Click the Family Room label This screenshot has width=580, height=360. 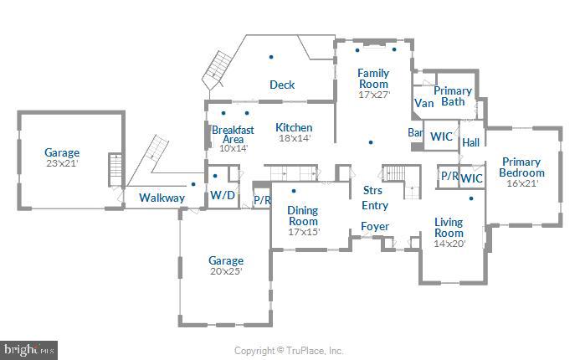pos(373,79)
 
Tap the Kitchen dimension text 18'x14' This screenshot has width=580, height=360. pos(294,139)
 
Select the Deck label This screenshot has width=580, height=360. pos(282,85)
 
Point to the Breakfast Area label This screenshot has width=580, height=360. pos(233,135)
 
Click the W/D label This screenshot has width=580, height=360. pos(222,196)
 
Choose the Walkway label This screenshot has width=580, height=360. pos(162,198)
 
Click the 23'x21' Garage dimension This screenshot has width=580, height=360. pos(62,163)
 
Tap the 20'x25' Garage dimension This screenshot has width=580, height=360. pos(226,271)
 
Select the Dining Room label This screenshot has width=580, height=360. pos(303,215)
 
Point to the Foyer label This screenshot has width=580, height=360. pos(374,227)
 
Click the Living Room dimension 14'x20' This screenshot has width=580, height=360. pos(449,244)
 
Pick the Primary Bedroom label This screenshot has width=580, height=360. pos(521,167)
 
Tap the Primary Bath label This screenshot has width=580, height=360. pos(453,96)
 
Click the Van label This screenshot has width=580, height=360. pos(423,105)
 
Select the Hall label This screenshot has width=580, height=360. pos(470,142)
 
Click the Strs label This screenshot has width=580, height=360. pos(372,191)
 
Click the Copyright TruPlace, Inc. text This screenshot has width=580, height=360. pos(289,351)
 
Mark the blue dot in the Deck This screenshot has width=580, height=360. pos(271,57)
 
